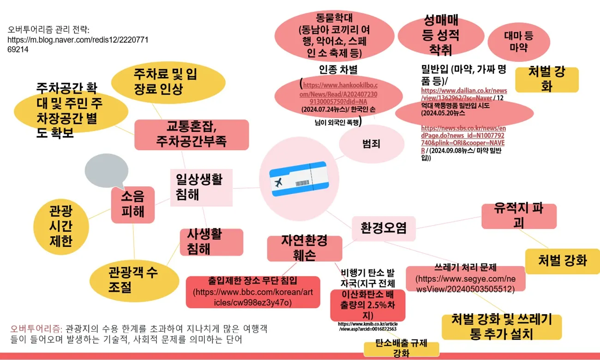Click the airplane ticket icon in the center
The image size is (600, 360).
[298, 180]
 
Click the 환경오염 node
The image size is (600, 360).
[384, 228]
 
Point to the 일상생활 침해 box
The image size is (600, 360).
[199, 186]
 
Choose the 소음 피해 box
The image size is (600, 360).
[132, 204]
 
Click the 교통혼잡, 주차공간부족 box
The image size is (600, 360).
[192, 134]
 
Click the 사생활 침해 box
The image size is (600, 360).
[211, 241]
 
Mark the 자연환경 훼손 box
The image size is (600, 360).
[304, 248]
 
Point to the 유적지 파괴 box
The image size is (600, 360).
[519, 216]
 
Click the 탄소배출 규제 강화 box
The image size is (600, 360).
[400, 349]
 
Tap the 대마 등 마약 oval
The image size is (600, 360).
[518, 42]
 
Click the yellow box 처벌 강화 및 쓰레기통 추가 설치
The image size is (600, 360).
[501, 326]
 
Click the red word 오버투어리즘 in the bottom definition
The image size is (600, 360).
[36, 329]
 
